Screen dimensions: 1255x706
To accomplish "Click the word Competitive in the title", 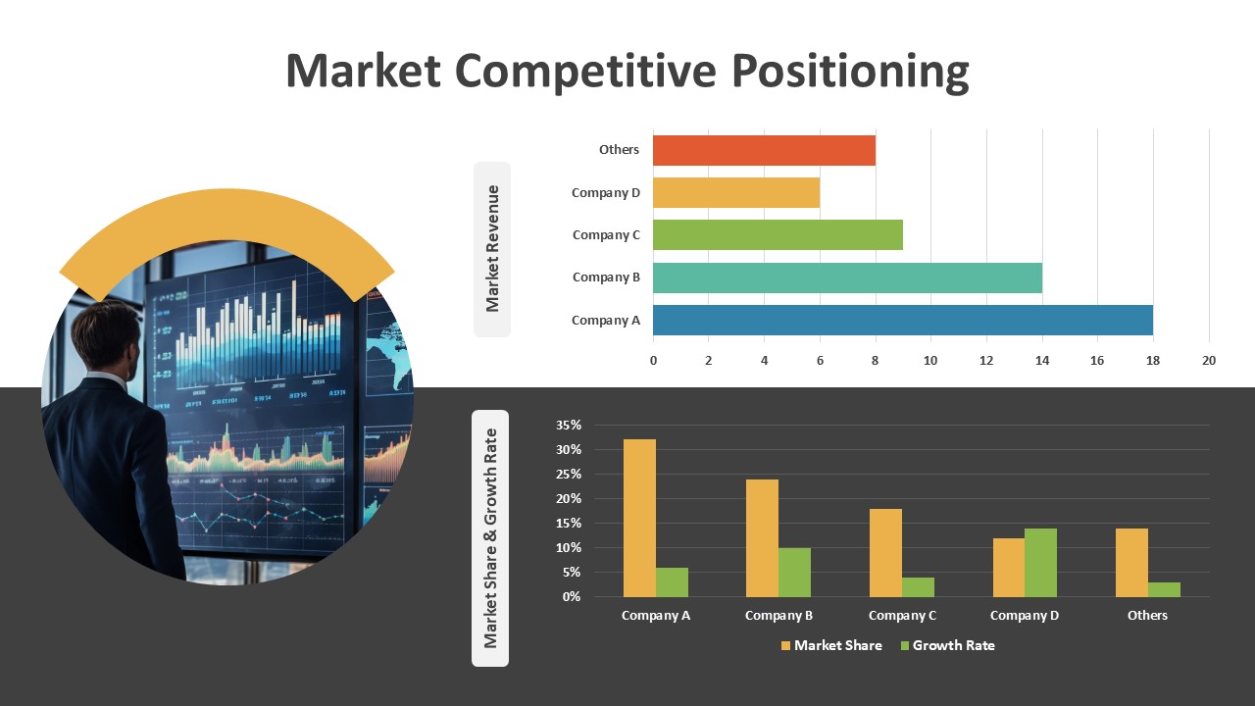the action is (x=585, y=72).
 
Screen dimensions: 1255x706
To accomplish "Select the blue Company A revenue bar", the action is (x=903, y=320).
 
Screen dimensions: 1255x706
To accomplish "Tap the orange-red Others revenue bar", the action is (x=764, y=150).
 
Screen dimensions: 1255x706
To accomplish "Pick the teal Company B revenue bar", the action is (x=847, y=277).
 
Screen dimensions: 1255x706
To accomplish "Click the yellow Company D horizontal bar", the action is (x=736, y=193).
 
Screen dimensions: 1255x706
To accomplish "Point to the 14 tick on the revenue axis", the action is (x=1042, y=361).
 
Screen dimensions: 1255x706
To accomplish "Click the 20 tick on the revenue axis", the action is (x=1209, y=361).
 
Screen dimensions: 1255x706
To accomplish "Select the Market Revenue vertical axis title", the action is (x=492, y=249).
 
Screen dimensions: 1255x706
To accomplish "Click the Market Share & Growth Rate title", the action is (x=490, y=538).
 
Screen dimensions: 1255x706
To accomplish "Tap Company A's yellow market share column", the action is (x=639, y=519).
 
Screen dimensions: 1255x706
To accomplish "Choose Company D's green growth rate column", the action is (x=1041, y=563).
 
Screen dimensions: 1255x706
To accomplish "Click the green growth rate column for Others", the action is (x=1164, y=589).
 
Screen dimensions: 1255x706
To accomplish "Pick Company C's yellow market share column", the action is (x=885, y=553).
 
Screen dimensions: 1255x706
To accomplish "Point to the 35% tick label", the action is (x=569, y=426).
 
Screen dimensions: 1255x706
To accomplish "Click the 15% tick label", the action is (x=569, y=524).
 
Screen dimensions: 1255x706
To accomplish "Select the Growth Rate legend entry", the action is (x=947, y=645).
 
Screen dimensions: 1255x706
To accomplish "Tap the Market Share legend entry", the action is (x=831, y=645).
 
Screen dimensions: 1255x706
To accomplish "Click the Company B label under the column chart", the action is (x=778, y=616).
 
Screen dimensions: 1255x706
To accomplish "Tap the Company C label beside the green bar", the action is (x=606, y=235).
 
